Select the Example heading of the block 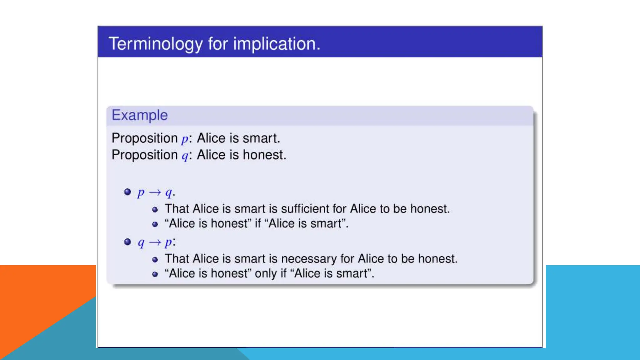pos(140,115)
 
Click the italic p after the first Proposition pos(185,139)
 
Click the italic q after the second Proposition pos(185,156)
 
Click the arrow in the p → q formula pos(155,192)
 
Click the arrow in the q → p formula pos(155,242)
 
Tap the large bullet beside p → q pos(127,192)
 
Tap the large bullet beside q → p pos(127,242)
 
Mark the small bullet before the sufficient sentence pos(155,210)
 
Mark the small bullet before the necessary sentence pos(155,260)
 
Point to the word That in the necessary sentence pos(177,259)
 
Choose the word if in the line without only pos(258,223)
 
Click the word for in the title pos(218,44)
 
